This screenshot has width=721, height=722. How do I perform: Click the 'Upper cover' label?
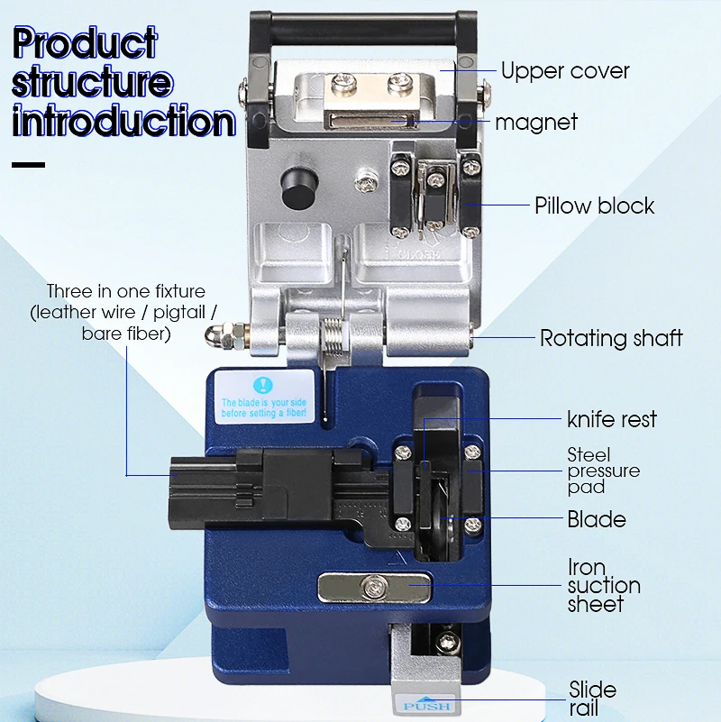coord(565,71)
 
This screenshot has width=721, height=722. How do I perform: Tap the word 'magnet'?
coord(535,123)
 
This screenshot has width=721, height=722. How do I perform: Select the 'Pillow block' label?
coord(594,206)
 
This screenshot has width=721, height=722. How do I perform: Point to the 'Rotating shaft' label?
coord(611,339)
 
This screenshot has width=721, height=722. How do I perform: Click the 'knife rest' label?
coord(612,419)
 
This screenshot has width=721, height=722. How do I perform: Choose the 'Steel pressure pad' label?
coord(603,471)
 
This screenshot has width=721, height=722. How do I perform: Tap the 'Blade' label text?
coord(597,519)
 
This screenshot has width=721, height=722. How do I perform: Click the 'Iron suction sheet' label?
coord(603,586)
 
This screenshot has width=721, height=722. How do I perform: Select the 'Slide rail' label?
coord(593,699)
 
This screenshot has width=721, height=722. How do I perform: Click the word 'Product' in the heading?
coord(86,43)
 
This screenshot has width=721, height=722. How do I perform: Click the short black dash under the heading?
coord(28,165)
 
